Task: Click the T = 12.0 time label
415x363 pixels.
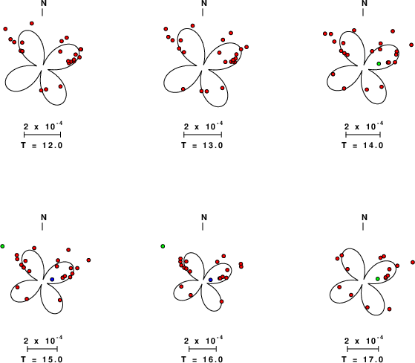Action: [x=42, y=145]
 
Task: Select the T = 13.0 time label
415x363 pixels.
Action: [x=202, y=145]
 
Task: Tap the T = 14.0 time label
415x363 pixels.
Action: [x=362, y=145]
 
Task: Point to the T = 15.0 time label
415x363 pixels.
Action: [x=42, y=359]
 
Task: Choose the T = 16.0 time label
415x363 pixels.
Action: [x=202, y=359]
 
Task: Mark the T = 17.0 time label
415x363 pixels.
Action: [x=362, y=359]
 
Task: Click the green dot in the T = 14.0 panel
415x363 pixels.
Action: [x=379, y=64]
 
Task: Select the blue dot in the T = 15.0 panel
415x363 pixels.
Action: [x=52, y=280]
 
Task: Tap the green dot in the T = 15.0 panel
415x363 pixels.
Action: [x=2, y=246]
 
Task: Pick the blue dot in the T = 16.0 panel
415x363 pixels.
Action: [x=211, y=280]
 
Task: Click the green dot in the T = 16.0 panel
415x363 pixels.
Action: [x=163, y=246]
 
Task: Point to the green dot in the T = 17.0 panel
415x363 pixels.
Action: [x=378, y=279]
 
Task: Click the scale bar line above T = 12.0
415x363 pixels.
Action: [x=42, y=135]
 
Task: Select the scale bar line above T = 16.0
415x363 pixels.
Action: [x=203, y=349]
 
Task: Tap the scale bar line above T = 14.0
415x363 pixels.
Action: [x=363, y=135]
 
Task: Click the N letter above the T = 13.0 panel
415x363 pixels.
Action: [x=204, y=3]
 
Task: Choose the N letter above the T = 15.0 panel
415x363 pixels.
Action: [x=44, y=217]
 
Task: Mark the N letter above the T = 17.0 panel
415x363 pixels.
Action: [x=365, y=217]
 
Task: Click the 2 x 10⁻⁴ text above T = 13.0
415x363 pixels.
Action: [x=203, y=126]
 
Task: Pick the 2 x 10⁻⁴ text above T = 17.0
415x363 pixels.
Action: [x=364, y=340]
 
